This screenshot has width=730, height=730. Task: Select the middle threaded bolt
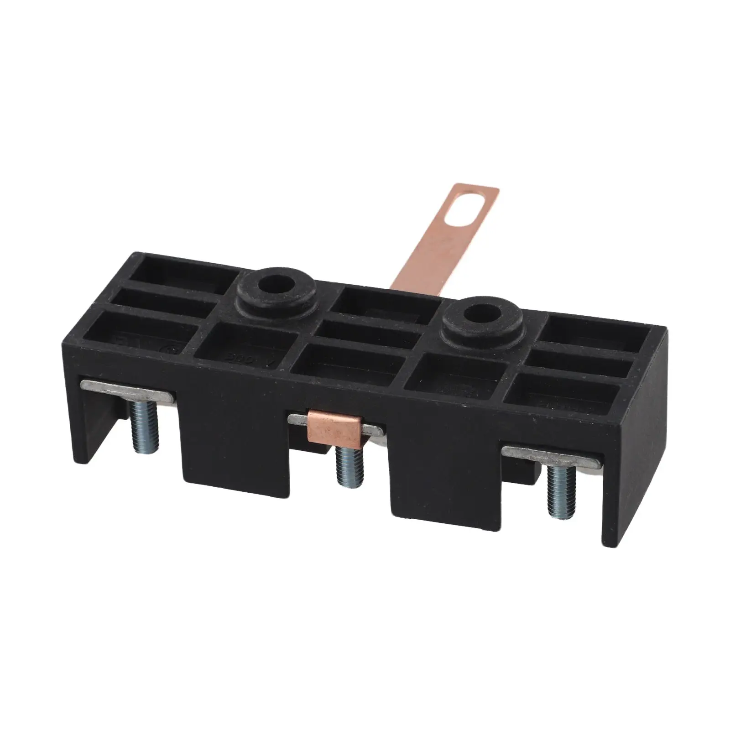[x=350, y=466]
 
